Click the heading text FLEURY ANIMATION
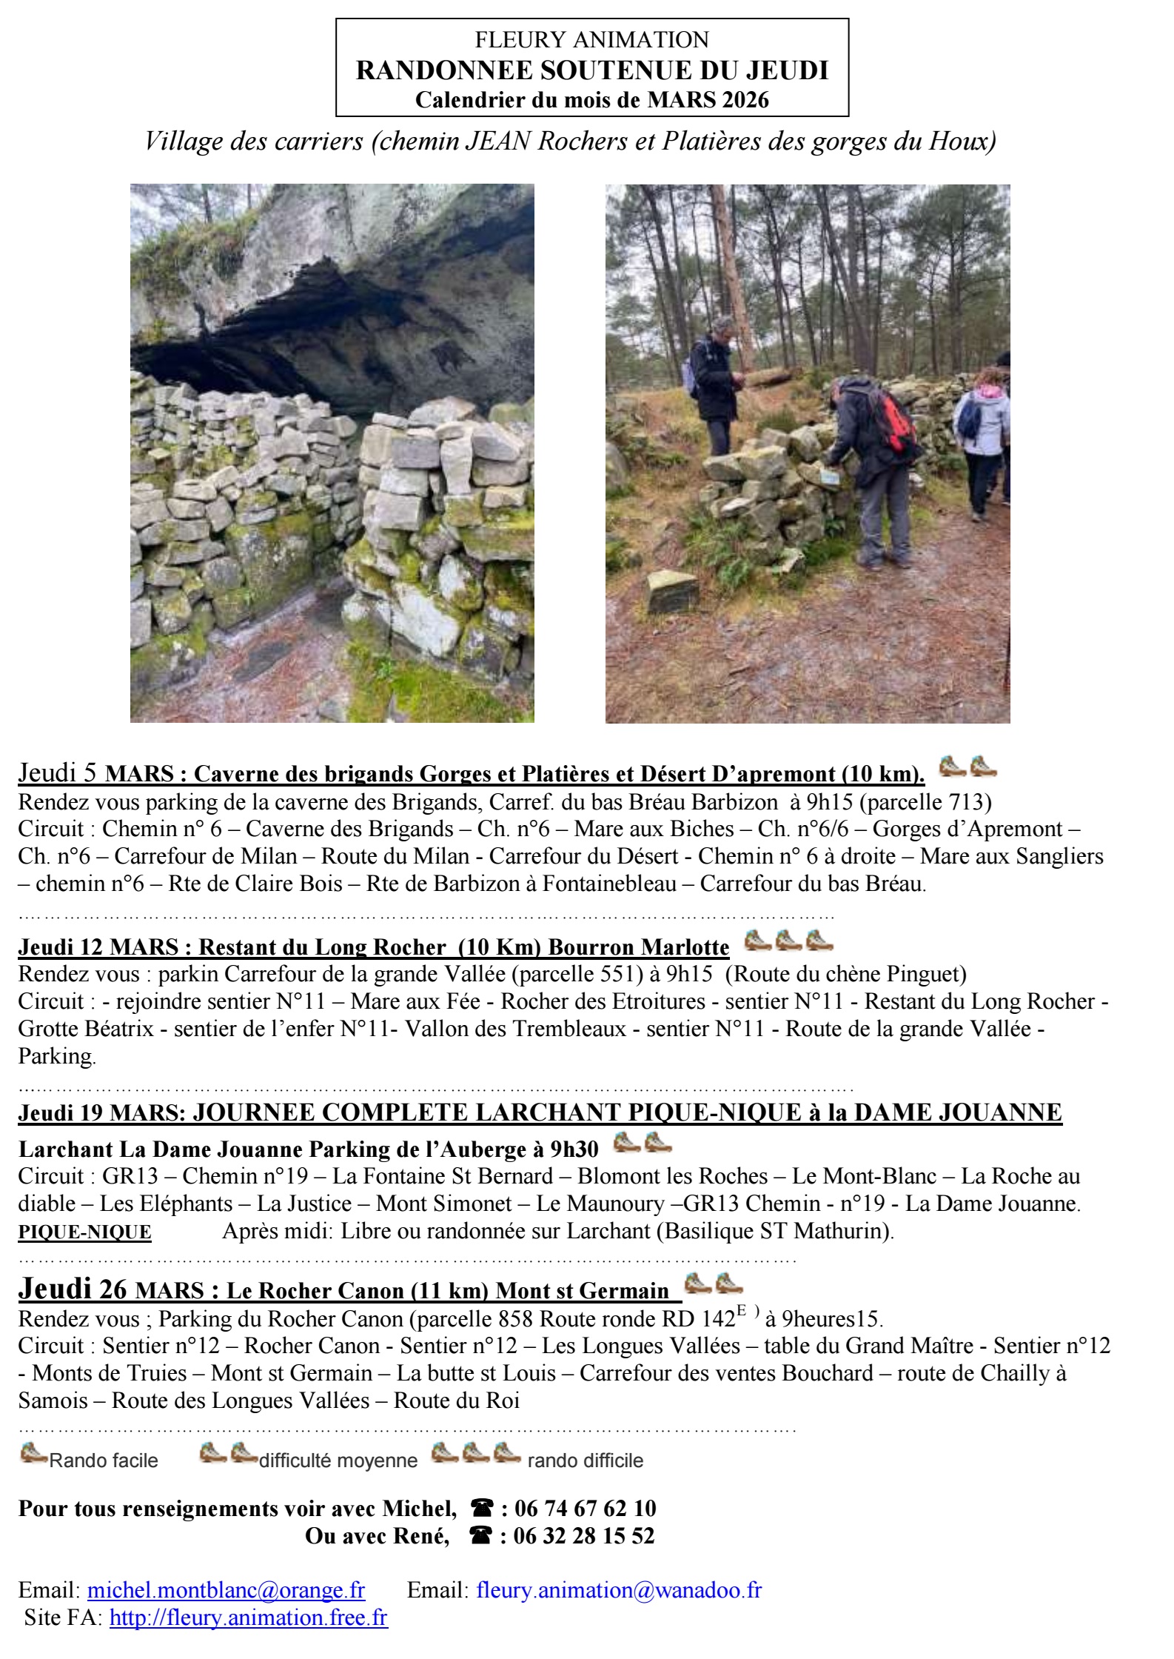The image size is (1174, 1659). click(591, 39)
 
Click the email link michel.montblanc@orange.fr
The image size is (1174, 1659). click(226, 1589)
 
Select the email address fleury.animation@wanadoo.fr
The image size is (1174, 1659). click(619, 1589)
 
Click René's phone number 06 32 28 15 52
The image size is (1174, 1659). click(583, 1535)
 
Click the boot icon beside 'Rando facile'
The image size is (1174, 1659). click(34, 1453)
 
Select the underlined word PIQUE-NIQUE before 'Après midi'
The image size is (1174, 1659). click(84, 1232)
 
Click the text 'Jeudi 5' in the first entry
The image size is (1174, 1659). click(58, 772)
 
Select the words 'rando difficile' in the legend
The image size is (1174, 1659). click(585, 1461)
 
